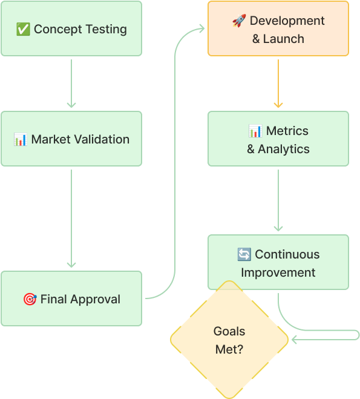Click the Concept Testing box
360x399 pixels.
click(71, 28)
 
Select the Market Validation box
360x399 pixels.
click(71, 139)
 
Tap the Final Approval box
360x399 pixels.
click(71, 298)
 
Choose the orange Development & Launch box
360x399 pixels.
click(278, 28)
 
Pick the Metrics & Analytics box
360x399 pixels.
click(278, 139)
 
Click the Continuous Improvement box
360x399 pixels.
click(278, 262)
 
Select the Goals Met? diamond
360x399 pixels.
click(229, 340)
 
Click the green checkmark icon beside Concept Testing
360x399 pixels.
click(23, 29)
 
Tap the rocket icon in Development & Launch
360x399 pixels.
click(239, 21)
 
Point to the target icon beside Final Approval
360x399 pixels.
click(30, 299)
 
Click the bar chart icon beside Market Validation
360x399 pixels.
click(21, 139)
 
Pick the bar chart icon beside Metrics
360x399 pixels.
click(255, 131)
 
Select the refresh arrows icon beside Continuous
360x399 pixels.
click(244, 254)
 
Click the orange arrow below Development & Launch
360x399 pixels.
click(278, 84)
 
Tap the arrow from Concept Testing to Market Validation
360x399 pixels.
click(71, 84)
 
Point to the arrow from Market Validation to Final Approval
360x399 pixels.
click(71, 219)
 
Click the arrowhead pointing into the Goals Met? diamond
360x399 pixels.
click(294, 340)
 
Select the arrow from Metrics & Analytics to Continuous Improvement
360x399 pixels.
click(278, 200)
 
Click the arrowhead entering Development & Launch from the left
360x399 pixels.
click(202, 28)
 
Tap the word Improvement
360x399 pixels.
click(278, 272)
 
